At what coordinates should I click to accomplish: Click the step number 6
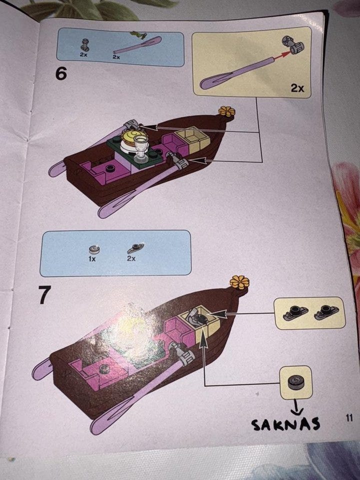(61, 74)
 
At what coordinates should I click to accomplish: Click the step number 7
(44, 294)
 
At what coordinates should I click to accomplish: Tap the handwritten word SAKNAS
(285, 424)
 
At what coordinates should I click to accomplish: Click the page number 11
(349, 418)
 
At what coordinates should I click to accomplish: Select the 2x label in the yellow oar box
(297, 88)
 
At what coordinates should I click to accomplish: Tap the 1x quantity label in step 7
(92, 259)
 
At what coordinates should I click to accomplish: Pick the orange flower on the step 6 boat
(227, 111)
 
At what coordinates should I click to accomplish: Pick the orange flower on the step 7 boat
(239, 282)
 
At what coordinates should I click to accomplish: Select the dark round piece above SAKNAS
(295, 382)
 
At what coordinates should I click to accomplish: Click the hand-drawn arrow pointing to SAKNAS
(296, 406)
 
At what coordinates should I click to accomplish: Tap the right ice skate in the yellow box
(326, 312)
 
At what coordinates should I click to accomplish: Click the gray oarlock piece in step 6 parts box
(85, 45)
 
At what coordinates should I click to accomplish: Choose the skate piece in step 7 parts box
(135, 248)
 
